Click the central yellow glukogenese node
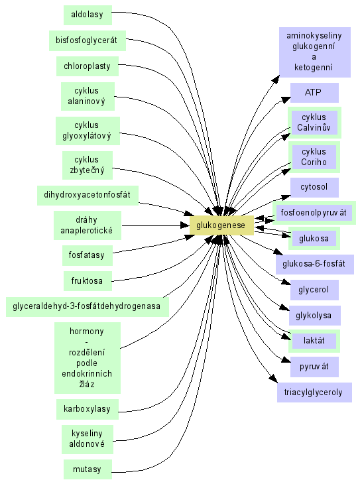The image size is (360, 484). point(221,225)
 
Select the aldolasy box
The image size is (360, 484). point(88,15)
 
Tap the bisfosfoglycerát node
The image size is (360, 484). point(88,40)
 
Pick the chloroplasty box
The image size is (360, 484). point(88,66)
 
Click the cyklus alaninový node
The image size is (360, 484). point(88,96)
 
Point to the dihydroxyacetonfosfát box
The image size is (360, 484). point(88,195)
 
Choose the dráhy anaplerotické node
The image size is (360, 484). point(88,225)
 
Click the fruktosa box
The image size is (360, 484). point(88,281)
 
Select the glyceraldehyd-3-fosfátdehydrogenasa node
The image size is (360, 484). point(88,306)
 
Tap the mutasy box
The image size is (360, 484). point(88,469)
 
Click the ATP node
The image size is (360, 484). point(314,93)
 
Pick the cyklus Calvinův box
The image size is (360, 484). point(314,123)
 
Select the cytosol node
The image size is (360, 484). point(314,188)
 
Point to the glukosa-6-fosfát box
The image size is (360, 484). point(315,265)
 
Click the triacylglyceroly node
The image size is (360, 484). point(314,393)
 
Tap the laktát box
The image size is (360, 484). point(314,341)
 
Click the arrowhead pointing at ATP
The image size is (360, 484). point(286,99)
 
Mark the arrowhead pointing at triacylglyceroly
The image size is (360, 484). point(274,379)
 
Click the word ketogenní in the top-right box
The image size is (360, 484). point(314,67)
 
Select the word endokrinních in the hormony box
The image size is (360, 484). point(87,374)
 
